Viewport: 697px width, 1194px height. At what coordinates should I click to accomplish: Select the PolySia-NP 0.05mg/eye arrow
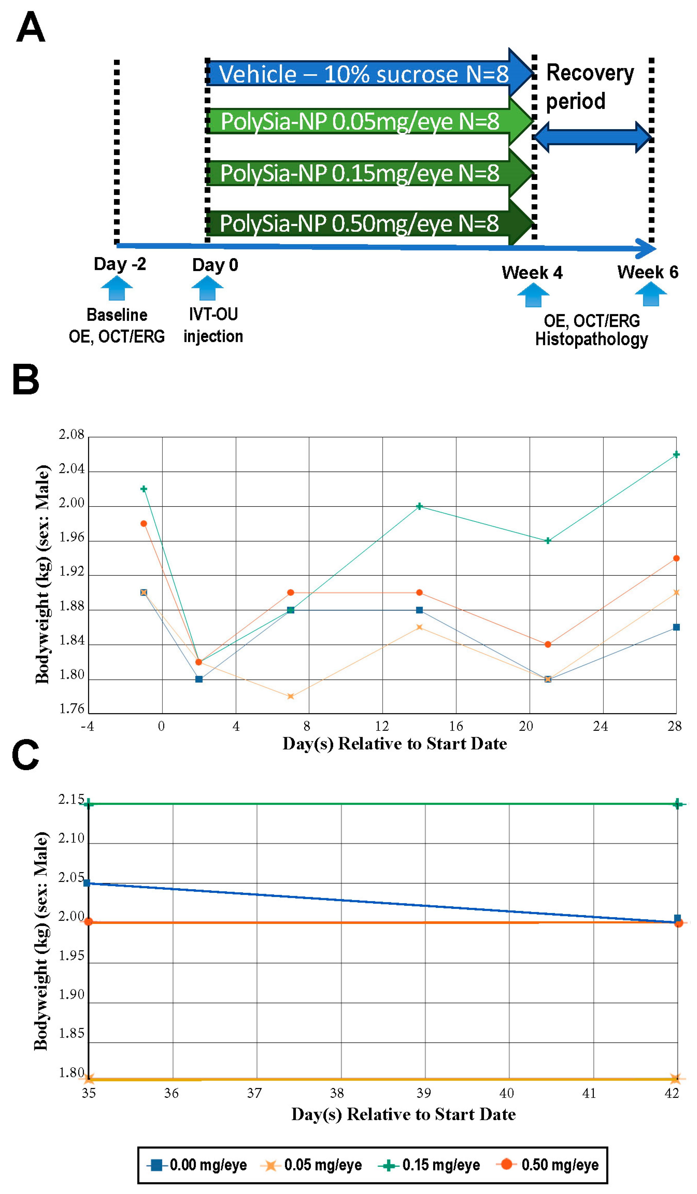[360, 121]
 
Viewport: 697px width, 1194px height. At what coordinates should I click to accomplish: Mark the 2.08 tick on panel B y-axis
[71, 434]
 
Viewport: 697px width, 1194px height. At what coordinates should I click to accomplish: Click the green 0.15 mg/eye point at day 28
[676, 454]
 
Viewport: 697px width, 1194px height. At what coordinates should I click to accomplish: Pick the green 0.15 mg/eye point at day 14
[419, 506]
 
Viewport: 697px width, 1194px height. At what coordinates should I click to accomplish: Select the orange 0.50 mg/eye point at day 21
[548, 644]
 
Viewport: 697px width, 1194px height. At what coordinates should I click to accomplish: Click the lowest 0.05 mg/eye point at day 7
[291, 696]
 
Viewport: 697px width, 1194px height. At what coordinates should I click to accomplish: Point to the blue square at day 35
[87, 883]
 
